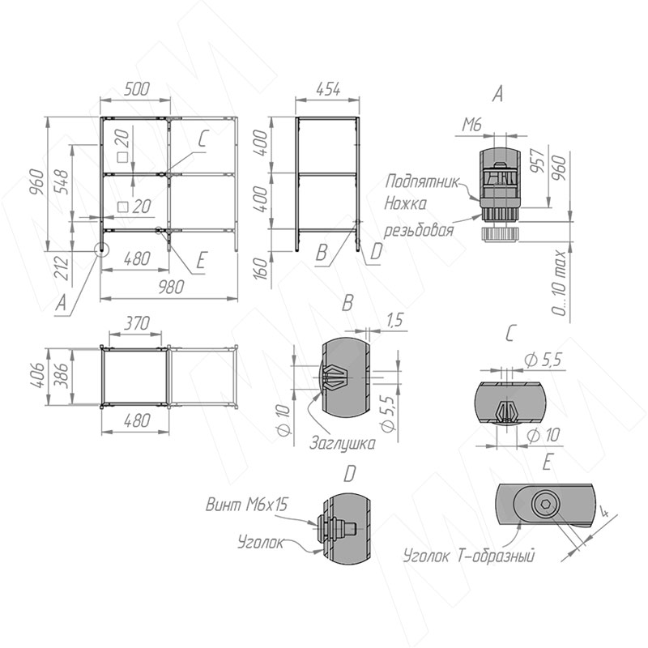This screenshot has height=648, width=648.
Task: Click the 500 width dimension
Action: coord(136,89)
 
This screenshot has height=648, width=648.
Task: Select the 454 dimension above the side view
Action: coord(328,89)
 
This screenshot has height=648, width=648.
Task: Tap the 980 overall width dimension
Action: coord(171,287)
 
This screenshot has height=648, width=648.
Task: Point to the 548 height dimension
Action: coord(60,181)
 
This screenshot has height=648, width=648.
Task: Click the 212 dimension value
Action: coord(61,267)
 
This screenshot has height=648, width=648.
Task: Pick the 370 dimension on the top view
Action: coord(136,322)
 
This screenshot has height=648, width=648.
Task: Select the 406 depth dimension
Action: coord(38,375)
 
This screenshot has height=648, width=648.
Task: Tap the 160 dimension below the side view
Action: coord(261,268)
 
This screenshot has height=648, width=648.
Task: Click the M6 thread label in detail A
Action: coord(472,124)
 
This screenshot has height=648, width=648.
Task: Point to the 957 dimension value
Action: coord(537,160)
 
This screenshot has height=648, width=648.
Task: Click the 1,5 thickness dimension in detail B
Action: coord(394,320)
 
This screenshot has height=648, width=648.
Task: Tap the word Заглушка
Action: coord(343,442)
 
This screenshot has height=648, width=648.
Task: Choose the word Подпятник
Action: coord(422,181)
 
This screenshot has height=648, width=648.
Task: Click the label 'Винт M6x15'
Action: coord(246,505)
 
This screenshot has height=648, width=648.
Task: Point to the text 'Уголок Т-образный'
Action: coord(469,556)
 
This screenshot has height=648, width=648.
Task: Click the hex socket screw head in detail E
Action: coord(545,504)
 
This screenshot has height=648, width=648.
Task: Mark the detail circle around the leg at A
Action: coord(101,249)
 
